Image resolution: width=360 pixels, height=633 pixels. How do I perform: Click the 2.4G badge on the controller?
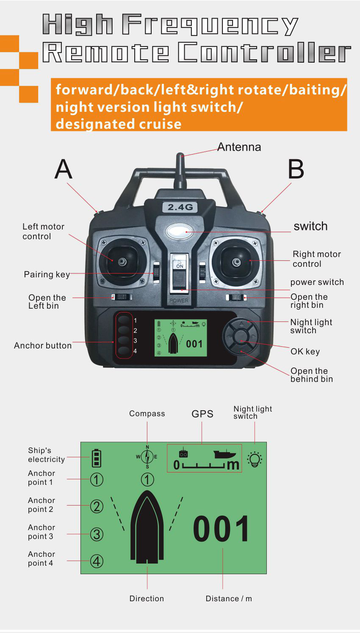tap(180, 207)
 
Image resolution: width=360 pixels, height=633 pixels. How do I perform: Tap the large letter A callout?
tap(64, 169)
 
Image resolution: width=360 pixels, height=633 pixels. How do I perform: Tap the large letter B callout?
tap(296, 169)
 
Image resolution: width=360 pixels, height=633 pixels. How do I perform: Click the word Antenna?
tap(239, 147)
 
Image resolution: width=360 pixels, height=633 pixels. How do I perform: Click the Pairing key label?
tap(47, 274)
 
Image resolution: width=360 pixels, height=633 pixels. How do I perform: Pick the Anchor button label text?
tap(43, 346)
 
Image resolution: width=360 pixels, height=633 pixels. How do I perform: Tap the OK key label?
tap(305, 351)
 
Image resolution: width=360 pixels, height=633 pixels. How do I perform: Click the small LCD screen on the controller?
tap(180, 337)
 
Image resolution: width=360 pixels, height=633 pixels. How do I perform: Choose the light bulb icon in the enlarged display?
tap(255, 459)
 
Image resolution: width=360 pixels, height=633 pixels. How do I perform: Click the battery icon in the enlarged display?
tap(97, 458)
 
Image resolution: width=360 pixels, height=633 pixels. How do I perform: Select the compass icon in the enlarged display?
tap(147, 457)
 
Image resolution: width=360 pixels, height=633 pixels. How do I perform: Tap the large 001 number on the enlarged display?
tap(222, 529)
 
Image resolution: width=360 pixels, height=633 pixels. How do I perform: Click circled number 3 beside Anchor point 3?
tap(97, 534)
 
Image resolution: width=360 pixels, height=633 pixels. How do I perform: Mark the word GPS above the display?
tap(202, 414)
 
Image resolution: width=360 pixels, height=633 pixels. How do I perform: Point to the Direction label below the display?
tap(147, 598)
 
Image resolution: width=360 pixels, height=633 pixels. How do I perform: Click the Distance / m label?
tap(228, 598)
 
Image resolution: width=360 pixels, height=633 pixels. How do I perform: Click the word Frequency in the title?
tap(210, 25)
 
